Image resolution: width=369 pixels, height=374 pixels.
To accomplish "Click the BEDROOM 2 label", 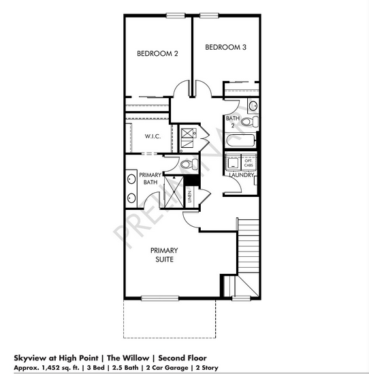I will (157, 53).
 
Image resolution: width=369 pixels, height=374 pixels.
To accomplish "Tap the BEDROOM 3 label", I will (225, 47).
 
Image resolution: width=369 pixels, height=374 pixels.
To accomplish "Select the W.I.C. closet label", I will (152, 136).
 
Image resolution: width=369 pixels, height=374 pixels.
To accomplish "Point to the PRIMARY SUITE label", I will (164, 255).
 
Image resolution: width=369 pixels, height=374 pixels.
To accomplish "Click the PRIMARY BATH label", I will (149, 178).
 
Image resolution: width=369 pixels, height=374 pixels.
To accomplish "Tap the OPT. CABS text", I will (248, 163).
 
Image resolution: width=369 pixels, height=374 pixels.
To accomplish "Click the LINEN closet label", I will (190, 195).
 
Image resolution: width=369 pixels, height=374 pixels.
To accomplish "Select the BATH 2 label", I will (233, 122).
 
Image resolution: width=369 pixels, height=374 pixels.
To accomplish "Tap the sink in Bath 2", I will (252, 106).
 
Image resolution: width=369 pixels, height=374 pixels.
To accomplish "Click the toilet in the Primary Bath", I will (190, 163).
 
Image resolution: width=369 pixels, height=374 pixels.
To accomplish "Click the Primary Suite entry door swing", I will (191, 219).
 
